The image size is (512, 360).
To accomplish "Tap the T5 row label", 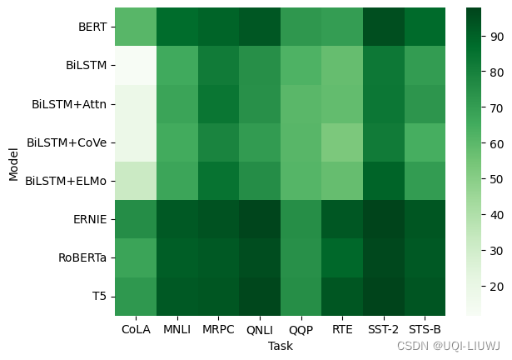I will (x=99, y=297).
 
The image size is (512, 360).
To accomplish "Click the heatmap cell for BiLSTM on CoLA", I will (x=136, y=65).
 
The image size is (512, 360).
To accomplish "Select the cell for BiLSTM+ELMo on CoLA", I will (x=136, y=180).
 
